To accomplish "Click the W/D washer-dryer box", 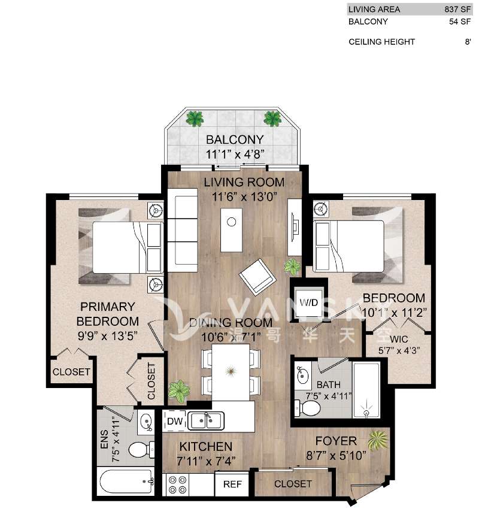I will pyautogui.click(x=309, y=302).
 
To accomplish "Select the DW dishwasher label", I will pyautogui.click(x=174, y=422).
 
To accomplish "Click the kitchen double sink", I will pyautogui.click(x=207, y=421).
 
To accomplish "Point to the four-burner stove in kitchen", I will pyautogui.click(x=177, y=484).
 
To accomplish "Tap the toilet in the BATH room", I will pyautogui.click(x=310, y=408).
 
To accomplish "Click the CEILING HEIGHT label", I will pyautogui.click(x=381, y=42).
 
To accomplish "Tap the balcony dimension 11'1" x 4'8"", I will pyautogui.click(x=235, y=153).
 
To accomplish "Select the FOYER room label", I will pyautogui.click(x=336, y=441).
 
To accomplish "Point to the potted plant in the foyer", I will pyautogui.click(x=378, y=442).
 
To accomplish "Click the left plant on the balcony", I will pyautogui.click(x=195, y=118).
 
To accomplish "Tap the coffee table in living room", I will pyautogui.click(x=231, y=229).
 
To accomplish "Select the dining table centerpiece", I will pyautogui.click(x=231, y=372).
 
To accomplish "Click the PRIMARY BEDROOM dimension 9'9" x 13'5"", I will pyautogui.click(x=108, y=335).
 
